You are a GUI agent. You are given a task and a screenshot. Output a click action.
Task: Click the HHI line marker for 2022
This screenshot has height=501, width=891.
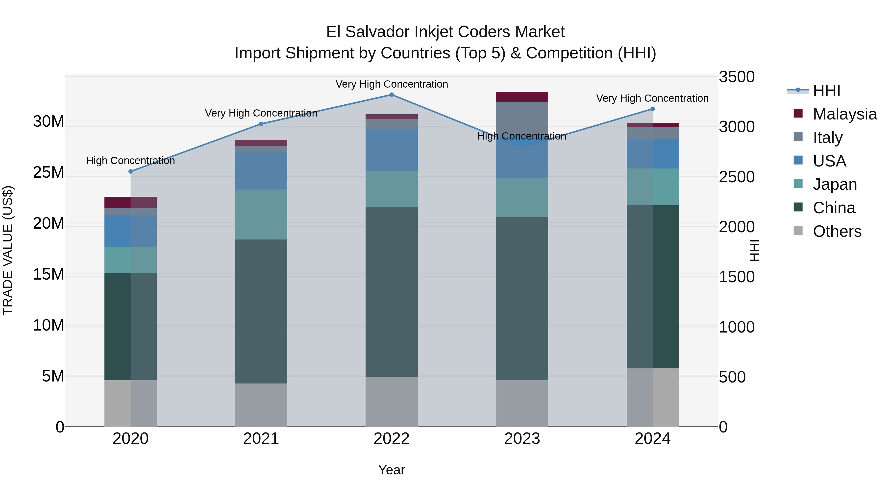coord(392,95)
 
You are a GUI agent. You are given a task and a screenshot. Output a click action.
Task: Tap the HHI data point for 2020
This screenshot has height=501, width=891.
coord(130,171)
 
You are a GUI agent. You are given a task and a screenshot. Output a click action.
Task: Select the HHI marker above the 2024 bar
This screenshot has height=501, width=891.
coord(653,109)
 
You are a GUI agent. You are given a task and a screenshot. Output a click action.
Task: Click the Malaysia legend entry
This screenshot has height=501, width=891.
coord(844,114)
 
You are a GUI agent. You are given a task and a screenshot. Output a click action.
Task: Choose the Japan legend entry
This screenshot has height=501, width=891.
coord(835,184)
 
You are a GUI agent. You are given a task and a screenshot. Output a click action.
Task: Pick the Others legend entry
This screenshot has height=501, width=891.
coord(837,231)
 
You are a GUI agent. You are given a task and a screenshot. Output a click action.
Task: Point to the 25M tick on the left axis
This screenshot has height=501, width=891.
coord(49,172)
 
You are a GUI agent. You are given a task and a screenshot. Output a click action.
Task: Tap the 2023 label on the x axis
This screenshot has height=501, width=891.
coord(522,439)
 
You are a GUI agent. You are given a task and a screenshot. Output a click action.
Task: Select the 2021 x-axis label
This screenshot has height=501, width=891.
coord(261,439)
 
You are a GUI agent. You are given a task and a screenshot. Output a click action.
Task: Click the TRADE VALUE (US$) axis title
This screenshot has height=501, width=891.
coord(8,250)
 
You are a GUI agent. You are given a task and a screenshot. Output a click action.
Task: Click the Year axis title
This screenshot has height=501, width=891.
coord(391,470)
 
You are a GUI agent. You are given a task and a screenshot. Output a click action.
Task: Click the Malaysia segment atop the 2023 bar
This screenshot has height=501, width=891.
coord(522,97)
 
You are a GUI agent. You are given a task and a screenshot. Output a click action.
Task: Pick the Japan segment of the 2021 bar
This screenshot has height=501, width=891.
coord(261,214)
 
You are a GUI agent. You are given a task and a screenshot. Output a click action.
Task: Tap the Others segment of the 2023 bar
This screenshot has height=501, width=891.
coord(522,403)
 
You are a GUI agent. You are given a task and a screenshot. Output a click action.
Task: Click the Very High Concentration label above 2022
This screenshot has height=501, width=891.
coord(392,84)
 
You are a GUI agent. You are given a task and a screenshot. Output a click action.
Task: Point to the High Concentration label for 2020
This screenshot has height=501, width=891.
coord(130,161)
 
